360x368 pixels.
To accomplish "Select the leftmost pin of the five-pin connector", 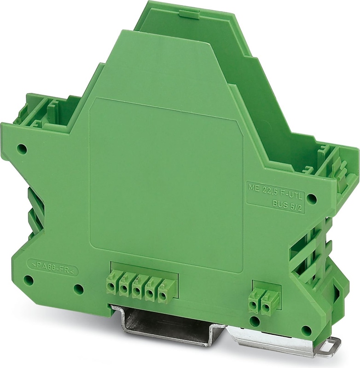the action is (x=111, y=286).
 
